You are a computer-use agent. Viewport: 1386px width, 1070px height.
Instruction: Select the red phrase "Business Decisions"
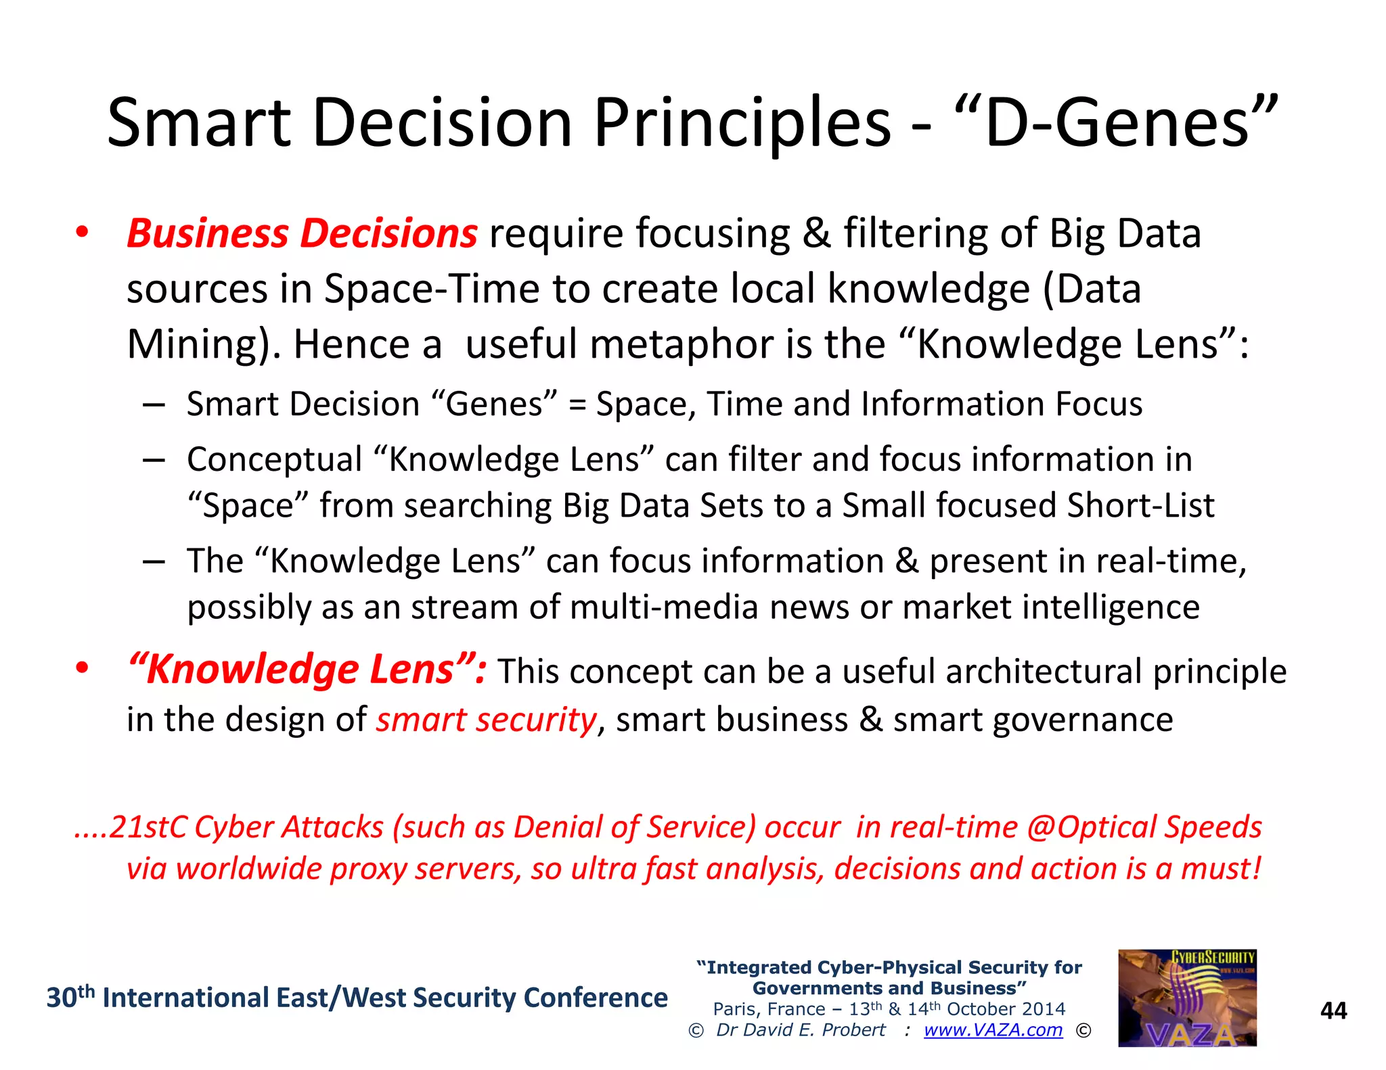(302, 233)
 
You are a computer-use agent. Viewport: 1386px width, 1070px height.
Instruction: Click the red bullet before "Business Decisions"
(82, 232)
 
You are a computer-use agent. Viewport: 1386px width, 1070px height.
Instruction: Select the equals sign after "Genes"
(577, 404)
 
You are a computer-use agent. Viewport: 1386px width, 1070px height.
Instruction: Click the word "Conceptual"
(275, 460)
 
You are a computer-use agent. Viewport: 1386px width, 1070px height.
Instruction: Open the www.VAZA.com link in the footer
(993, 1030)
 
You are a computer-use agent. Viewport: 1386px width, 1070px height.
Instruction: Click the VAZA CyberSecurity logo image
(1187, 998)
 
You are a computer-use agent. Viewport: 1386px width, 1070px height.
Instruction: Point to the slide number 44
(1333, 1010)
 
